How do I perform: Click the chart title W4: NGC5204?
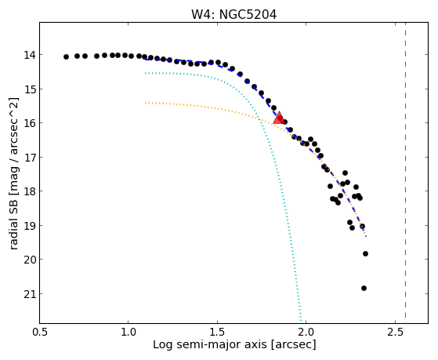coord(233,15)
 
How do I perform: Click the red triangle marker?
coord(279,118)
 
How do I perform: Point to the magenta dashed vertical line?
coord(405,170)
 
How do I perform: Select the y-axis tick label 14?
coord(29,55)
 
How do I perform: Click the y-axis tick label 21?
coord(29,294)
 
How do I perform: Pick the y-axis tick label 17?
coord(29,158)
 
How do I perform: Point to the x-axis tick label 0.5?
coord(39,332)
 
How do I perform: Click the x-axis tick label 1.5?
coord(217,332)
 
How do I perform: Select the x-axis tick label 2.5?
coord(395,332)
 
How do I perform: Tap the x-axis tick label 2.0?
coord(306,332)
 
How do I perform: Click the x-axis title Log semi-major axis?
coord(209,344)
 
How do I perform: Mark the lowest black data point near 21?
coord(364,288)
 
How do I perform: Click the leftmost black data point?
coord(66,56)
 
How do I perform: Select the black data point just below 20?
coord(365,253)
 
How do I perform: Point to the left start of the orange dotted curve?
coord(145,103)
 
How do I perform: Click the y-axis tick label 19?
coord(29,225)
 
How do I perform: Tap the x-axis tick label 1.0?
coord(129,332)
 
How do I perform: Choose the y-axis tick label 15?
coord(29,89)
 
